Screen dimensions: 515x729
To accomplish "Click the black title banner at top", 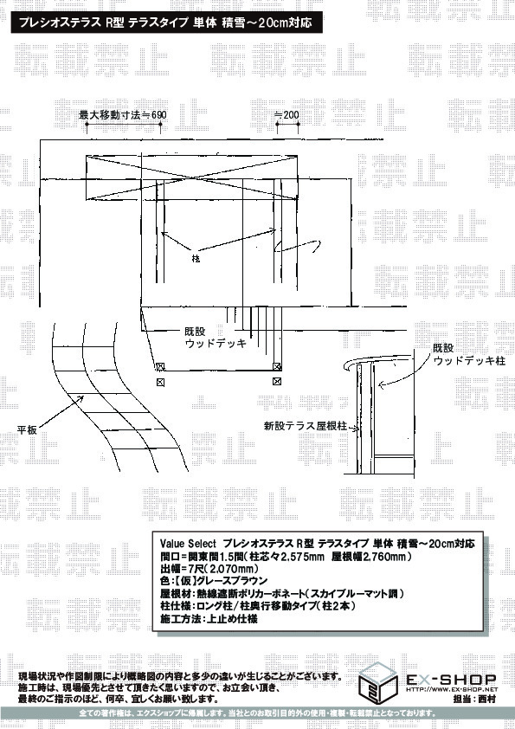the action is tap(166, 23).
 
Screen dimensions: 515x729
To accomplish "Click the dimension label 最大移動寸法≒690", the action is tap(123, 114).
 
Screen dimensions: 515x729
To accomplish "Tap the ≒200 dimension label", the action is tap(286, 114).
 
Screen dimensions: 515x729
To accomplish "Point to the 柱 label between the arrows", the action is tap(196, 259).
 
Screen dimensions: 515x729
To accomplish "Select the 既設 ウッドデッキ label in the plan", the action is tap(216, 338).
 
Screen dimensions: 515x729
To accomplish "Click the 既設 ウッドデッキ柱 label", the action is tap(468, 354).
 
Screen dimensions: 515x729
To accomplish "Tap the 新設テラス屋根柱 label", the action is tap(305, 425).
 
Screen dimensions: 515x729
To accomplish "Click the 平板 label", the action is tap(27, 429).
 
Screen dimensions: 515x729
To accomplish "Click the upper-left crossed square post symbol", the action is tap(160, 366).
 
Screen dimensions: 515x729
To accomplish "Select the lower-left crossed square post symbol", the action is tap(160, 382).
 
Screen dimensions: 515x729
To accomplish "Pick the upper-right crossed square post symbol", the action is tap(277, 366).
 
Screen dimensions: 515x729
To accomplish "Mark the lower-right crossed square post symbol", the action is tap(277, 382).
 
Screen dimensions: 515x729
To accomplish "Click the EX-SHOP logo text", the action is tap(451, 680).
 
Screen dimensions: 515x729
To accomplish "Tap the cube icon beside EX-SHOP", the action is tap(378, 683).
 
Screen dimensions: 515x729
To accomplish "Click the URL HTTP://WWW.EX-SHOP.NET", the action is tap(452, 689).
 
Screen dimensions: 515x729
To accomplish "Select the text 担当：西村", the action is tap(473, 699).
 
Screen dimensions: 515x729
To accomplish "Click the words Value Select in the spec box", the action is tap(188, 544).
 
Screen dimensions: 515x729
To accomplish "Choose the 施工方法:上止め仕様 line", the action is tap(209, 619).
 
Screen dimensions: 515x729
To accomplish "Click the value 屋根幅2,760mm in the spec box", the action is tap(371, 556).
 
